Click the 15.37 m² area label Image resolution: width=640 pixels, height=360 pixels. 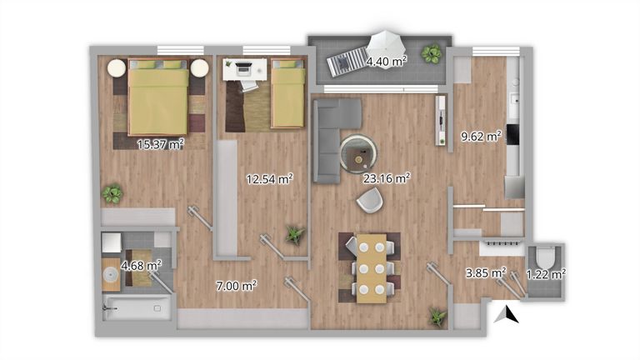pyautogui.click(x=160, y=144)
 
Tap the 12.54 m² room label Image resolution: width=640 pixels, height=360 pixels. pyautogui.click(x=269, y=179)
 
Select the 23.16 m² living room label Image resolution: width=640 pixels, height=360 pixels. pyautogui.click(x=387, y=178)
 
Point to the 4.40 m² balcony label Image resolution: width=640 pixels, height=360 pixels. pyautogui.click(x=387, y=62)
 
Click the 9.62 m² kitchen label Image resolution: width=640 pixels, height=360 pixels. pyautogui.click(x=481, y=137)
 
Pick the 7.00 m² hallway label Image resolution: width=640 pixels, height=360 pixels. pyautogui.click(x=237, y=286)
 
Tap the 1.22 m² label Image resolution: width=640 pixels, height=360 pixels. pyautogui.click(x=546, y=274)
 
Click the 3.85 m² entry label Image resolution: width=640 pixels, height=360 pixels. pyautogui.click(x=486, y=272)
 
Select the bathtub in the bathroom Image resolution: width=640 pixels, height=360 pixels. pyautogui.click(x=137, y=307)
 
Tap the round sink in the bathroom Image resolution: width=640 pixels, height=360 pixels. pyautogui.click(x=111, y=274)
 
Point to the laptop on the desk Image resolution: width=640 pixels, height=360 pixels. pyautogui.click(x=244, y=67)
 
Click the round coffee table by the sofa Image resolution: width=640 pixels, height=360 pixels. pyautogui.click(x=358, y=154)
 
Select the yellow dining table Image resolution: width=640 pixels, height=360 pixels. pyautogui.click(x=372, y=268)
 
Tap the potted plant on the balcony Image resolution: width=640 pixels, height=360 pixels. pyautogui.click(x=431, y=53)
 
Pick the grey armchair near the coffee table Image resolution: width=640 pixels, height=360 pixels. pyautogui.click(x=370, y=200)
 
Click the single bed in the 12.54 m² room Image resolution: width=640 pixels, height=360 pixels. pyautogui.click(x=287, y=92)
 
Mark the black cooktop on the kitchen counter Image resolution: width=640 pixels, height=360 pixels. pyautogui.click(x=513, y=134)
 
